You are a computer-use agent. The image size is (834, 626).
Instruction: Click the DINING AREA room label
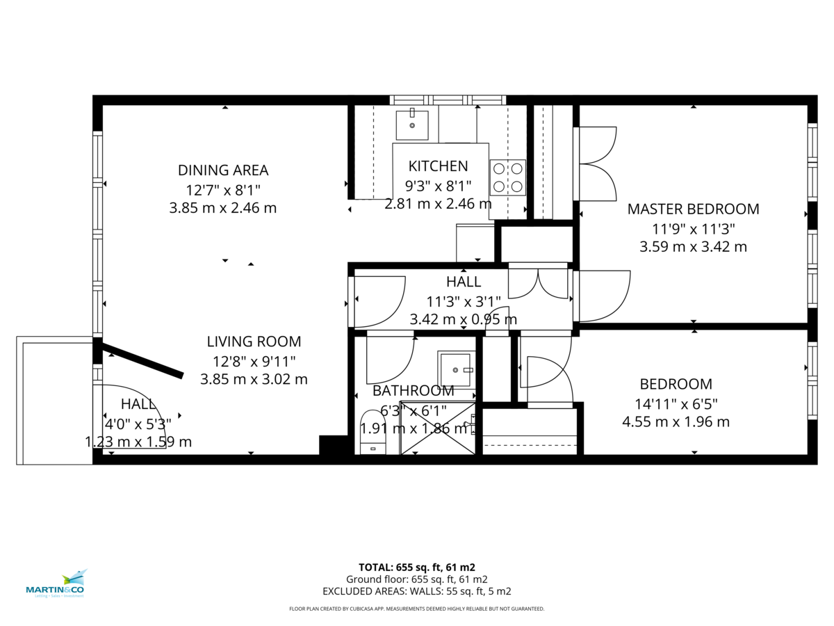click(x=223, y=170)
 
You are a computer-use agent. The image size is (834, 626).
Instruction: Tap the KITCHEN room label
click(x=438, y=166)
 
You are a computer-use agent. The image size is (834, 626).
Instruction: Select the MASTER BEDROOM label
click(x=693, y=209)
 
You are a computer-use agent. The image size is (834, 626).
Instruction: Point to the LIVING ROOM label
click(x=254, y=342)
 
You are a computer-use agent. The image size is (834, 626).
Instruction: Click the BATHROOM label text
click(x=413, y=391)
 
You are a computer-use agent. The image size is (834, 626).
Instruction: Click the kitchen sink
click(x=412, y=125)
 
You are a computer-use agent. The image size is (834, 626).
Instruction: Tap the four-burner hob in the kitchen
click(x=507, y=177)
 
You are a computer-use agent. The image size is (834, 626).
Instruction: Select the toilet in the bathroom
click(x=373, y=433)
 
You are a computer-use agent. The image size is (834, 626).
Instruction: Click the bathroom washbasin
click(x=455, y=369)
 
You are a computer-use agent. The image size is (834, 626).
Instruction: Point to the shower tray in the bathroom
click(x=438, y=428)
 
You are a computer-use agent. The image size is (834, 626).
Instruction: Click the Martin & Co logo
click(x=55, y=584)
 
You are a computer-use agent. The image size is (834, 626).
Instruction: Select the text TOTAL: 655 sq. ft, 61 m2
click(x=416, y=567)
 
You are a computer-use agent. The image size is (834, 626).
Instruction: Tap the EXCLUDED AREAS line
click(x=416, y=591)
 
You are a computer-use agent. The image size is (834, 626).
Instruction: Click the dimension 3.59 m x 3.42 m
click(x=693, y=246)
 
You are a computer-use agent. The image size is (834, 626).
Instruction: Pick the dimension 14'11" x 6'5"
click(x=676, y=403)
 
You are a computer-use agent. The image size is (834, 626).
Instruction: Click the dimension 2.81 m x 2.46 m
click(x=438, y=204)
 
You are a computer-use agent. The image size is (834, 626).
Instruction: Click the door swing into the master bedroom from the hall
click(x=601, y=296)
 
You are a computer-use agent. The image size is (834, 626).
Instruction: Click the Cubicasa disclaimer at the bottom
click(x=416, y=609)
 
